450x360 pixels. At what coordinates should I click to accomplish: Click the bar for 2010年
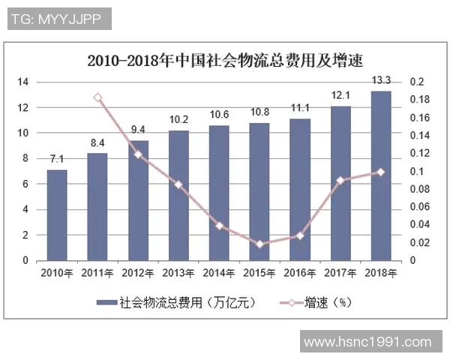(57, 215)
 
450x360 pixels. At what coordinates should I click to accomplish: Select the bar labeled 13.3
(381, 175)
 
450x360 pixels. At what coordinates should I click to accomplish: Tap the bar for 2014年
(219, 193)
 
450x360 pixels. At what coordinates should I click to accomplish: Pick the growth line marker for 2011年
(97, 97)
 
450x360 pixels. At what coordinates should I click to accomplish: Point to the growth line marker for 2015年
(259, 244)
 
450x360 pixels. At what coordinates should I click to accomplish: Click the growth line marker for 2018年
(381, 172)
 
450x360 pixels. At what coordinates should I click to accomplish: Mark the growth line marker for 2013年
(178, 184)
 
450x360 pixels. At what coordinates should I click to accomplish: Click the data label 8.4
(97, 143)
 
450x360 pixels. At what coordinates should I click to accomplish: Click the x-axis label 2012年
(138, 273)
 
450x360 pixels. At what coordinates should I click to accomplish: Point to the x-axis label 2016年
(300, 273)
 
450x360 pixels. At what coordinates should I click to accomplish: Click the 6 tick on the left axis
(26, 184)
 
